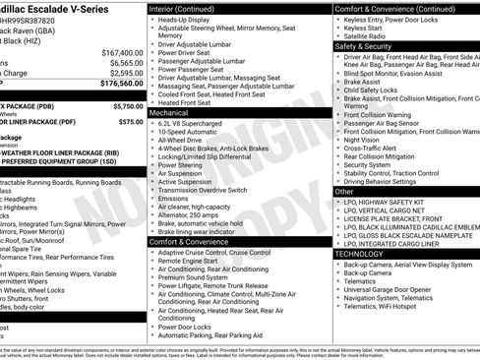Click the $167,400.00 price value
coord(122,52)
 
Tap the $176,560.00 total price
coord(122,84)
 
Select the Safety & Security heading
coord(362,45)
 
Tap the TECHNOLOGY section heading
coord(359,254)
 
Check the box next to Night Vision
coord(338,140)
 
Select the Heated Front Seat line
coord(184,102)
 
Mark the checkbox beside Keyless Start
coord(338,29)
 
